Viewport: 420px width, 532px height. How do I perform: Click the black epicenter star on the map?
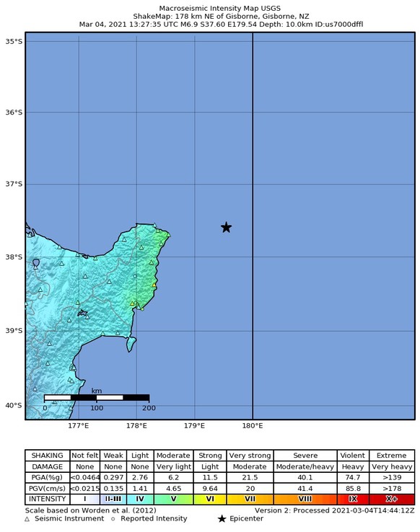coord(226,227)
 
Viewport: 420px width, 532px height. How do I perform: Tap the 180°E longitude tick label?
coord(252,426)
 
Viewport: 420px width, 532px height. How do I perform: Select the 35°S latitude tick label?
coord(14,41)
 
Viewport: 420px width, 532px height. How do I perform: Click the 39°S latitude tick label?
coord(14,331)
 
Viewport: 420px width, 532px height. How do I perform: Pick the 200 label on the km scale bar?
coord(149,408)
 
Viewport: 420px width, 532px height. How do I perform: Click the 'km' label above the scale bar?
coord(96,390)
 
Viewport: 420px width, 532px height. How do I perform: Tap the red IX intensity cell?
coord(353,499)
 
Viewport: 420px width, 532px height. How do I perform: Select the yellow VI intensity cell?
coord(210,499)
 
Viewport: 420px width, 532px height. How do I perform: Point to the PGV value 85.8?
coord(353,488)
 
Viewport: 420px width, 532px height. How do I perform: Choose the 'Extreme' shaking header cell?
coord(392,456)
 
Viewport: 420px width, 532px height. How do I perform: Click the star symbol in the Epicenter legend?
coord(222,519)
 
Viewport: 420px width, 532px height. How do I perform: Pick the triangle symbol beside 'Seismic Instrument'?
coord(27,519)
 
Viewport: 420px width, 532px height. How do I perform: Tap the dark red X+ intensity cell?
coord(392,499)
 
